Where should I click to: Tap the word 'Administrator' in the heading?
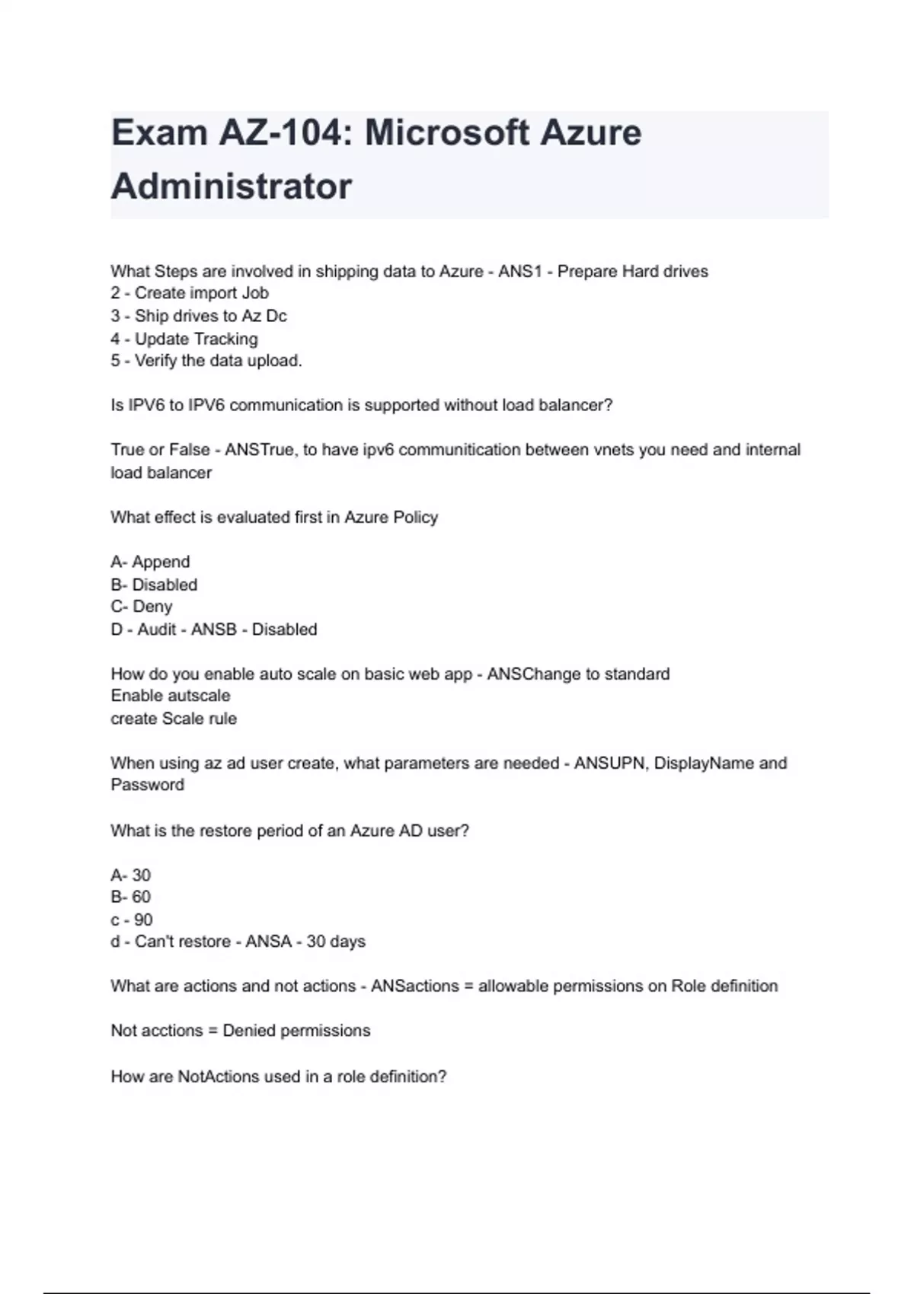pyautogui.click(x=232, y=186)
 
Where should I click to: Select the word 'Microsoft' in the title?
pyautogui.click(x=446, y=133)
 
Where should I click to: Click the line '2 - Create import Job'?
pyautogui.click(x=190, y=293)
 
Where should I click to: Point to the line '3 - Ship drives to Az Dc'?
pyautogui.click(x=199, y=316)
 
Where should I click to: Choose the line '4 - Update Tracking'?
pyautogui.click(x=184, y=339)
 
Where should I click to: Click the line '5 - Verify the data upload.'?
pyautogui.click(x=206, y=361)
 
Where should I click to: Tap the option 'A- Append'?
pyautogui.click(x=150, y=562)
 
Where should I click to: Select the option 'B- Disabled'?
pyautogui.click(x=154, y=585)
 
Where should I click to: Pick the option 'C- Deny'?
pyautogui.click(x=142, y=607)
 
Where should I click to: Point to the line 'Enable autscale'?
pyautogui.click(x=171, y=696)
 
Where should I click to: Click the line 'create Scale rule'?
pyautogui.click(x=174, y=719)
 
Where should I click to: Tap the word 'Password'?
pyautogui.click(x=148, y=785)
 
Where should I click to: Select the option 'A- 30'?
pyautogui.click(x=131, y=875)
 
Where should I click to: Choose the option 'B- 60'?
pyautogui.click(x=131, y=897)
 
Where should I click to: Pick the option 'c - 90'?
pyautogui.click(x=132, y=920)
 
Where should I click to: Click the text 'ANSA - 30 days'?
pyautogui.click(x=305, y=942)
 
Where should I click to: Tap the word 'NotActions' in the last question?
pyautogui.click(x=217, y=1076)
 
